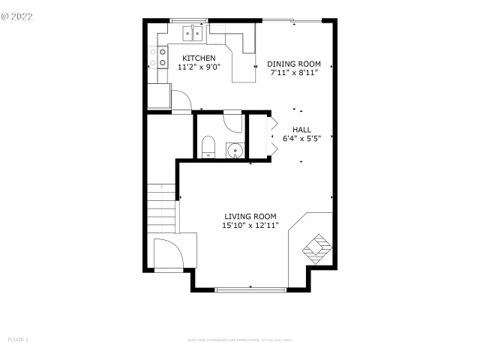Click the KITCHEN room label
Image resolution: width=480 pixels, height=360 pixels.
coord(198,58)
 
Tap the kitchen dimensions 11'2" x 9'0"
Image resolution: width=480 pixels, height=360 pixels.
coord(198,67)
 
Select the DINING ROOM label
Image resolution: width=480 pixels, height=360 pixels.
coord(293,64)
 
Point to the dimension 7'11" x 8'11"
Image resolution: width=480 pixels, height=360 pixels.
coord(293,73)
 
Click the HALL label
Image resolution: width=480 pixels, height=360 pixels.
coord(301,129)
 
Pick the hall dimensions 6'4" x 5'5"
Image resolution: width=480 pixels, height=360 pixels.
coord(301,138)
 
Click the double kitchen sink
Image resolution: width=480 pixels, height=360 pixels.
coord(194,33)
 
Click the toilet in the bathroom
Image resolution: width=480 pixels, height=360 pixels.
coord(208,147)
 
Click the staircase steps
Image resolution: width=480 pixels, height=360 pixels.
coord(161,208)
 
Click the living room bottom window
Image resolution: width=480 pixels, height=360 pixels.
coord(250,289)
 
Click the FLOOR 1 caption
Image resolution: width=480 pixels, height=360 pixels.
coord(17,340)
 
